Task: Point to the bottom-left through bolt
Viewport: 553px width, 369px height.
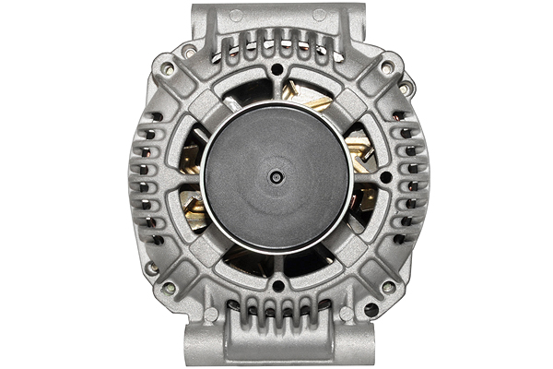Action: coord(168,286)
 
